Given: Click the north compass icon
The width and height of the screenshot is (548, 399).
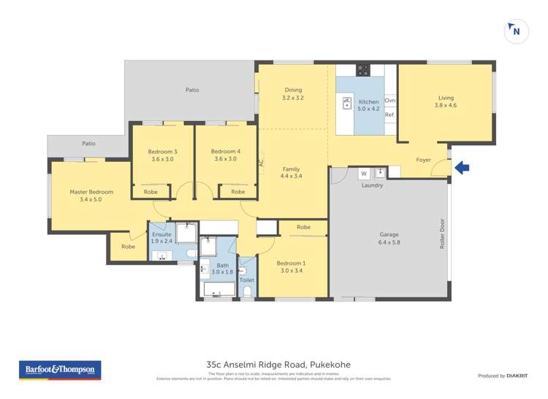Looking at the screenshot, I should point(517,31).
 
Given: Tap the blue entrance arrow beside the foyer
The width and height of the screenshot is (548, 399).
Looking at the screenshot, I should point(462,168).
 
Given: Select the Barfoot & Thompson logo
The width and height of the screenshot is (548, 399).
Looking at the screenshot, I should point(60,370).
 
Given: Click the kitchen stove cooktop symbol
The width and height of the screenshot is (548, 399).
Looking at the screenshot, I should point(362,70).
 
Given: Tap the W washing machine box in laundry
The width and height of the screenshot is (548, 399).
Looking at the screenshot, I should point(363,174).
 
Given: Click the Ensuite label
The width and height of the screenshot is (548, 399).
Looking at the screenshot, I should point(162,234).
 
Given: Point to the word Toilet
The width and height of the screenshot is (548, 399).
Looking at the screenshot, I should point(246,279).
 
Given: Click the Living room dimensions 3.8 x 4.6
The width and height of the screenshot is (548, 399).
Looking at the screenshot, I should point(446,105).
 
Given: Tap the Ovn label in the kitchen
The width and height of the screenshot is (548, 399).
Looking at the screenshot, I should point(389,101).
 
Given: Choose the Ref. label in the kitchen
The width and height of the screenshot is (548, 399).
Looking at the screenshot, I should point(389,115).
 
